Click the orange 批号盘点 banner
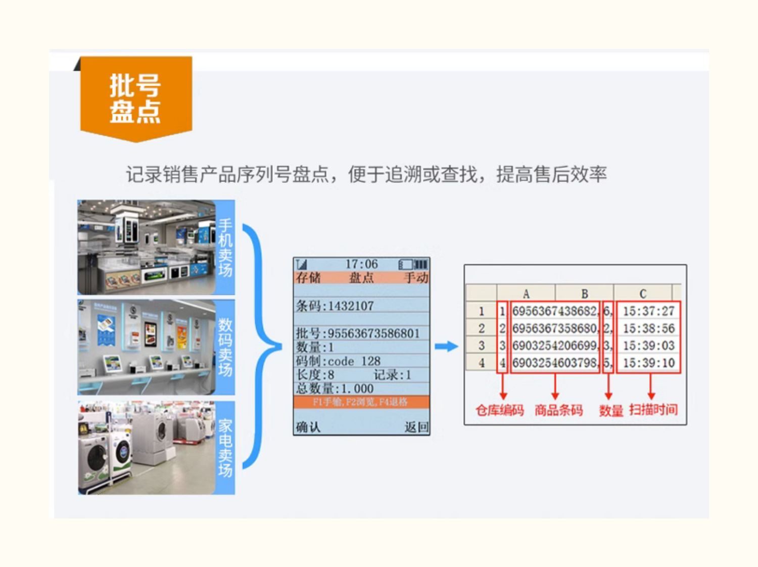[135, 98]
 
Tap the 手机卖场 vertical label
[225, 248]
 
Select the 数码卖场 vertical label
[225, 347]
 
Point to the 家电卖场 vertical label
[225, 448]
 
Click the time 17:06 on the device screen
[361, 264]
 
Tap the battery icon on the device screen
[413, 264]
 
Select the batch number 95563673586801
[373, 334]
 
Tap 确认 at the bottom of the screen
[308, 427]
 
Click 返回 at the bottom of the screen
[416, 427]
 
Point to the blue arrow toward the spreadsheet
[446, 346]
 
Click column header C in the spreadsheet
[642, 294]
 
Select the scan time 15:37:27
[648, 311]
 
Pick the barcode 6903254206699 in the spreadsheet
[554, 346]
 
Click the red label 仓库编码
[499, 410]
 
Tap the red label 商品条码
[558, 410]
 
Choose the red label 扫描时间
[653, 409]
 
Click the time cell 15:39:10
[648, 363]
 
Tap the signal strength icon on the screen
[302, 264]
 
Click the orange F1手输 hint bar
[361, 402]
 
